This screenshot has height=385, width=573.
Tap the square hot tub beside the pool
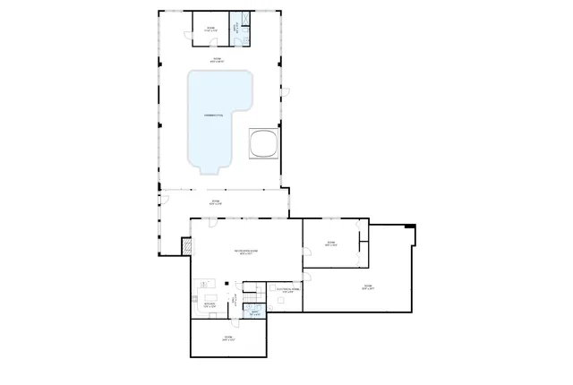263,143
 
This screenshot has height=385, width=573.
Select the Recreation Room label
245,252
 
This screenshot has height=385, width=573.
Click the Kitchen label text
209,304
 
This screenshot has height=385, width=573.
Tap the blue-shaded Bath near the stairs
255,312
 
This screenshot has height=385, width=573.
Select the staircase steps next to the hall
252,295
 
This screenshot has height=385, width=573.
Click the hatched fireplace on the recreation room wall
186,244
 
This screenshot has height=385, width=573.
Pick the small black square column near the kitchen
227,284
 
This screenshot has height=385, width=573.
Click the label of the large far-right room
367,287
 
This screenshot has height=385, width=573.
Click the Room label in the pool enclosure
217,60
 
